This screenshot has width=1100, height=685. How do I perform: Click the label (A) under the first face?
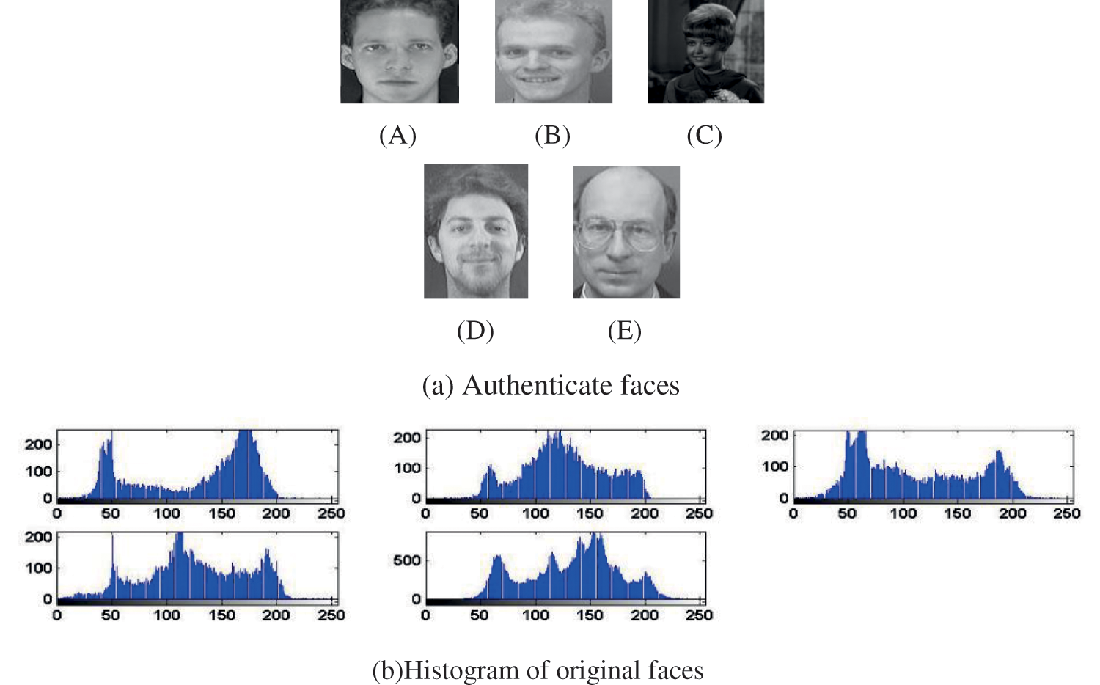point(397,136)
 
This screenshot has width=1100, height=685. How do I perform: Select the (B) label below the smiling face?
point(552,136)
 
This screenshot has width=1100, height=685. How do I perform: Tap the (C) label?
point(704,136)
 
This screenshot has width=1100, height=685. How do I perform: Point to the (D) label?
point(475,331)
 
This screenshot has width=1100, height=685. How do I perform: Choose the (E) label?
point(624,331)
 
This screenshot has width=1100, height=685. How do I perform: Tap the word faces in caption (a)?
point(650,385)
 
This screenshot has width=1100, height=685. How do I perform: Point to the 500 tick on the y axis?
point(407,560)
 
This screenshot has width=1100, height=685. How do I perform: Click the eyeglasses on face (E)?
point(620,234)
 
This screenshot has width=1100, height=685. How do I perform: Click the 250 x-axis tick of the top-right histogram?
point(1066,513)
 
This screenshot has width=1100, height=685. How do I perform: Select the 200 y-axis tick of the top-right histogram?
point(774,436)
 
